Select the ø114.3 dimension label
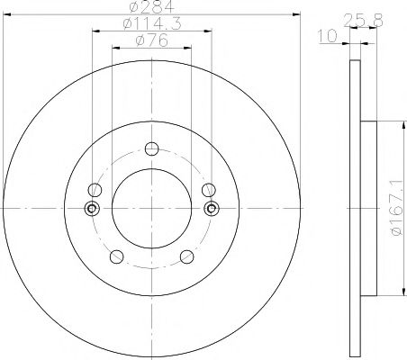(x=150, y=25)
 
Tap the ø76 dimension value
(x=150, y=41)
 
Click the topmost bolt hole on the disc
(x=150, y=149)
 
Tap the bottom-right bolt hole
(x=186, y=256)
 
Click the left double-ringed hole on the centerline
(x=91, y=209)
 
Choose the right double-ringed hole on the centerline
(x=211, y=209)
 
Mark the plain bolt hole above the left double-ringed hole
(x=94, y=190)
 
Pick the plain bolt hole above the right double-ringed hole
(x=208, y=190)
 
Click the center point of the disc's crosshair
(x=150, y=209)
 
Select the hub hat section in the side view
(x=366, y=209)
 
